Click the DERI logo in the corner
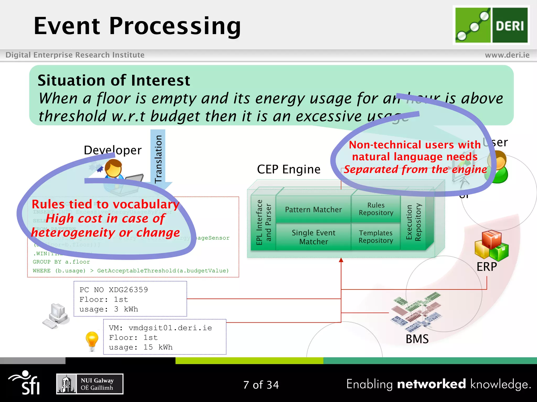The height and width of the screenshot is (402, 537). [491, 25]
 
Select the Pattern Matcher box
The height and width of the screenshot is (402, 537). [313, 210]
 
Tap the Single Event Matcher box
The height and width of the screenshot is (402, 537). [313, 237]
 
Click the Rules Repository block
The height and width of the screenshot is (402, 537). [376, 209]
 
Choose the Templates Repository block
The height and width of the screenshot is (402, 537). [376, 237]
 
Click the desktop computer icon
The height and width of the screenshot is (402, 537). [56, 316]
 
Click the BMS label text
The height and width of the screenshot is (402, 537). [417, 339]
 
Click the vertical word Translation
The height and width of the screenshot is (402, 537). [158, 159]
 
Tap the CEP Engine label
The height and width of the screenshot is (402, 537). [288, 169]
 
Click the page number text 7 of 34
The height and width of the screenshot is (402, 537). [261, 385]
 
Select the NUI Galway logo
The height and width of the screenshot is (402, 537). [90, 384]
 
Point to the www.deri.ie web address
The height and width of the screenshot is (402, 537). [507, 55]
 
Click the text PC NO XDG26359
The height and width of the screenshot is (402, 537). [114, 290]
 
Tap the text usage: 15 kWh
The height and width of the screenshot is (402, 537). [141, 347]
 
